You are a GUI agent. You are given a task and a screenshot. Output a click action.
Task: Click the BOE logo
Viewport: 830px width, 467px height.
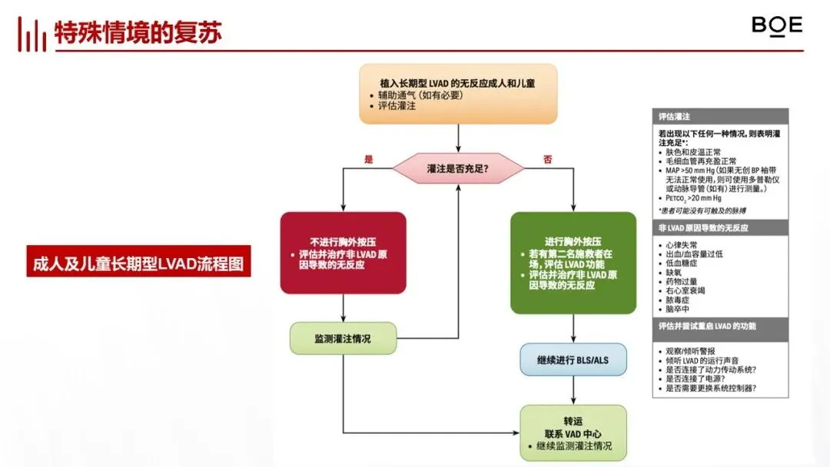click(776, 25)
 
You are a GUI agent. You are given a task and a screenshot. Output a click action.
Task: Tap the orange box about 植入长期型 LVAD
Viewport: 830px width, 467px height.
click(458, 94)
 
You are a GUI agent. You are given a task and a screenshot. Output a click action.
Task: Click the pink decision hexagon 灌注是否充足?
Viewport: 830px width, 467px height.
click(458, 167)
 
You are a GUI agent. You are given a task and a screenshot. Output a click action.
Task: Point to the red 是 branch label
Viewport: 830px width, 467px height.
click(368, 159)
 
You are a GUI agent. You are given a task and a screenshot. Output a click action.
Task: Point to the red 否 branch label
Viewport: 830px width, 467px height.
click(548, 159)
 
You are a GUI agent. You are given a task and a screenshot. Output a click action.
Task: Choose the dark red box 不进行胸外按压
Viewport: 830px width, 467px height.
click(343, 253)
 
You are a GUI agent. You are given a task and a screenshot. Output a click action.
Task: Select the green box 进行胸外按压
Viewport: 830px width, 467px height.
click(573, 263)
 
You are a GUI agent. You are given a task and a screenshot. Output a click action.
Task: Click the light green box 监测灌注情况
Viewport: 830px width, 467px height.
click(343, 338)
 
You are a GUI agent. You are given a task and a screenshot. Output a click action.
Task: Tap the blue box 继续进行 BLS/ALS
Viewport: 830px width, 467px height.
click(573, 359)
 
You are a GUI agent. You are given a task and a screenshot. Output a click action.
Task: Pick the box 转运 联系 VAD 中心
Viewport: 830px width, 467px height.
click(573, 432)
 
